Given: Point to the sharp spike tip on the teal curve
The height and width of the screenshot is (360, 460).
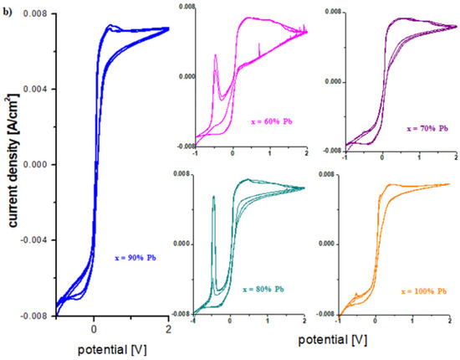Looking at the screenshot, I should (x=214, y=197).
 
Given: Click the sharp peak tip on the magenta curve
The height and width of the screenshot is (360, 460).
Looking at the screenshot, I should (x=216, y=55).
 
